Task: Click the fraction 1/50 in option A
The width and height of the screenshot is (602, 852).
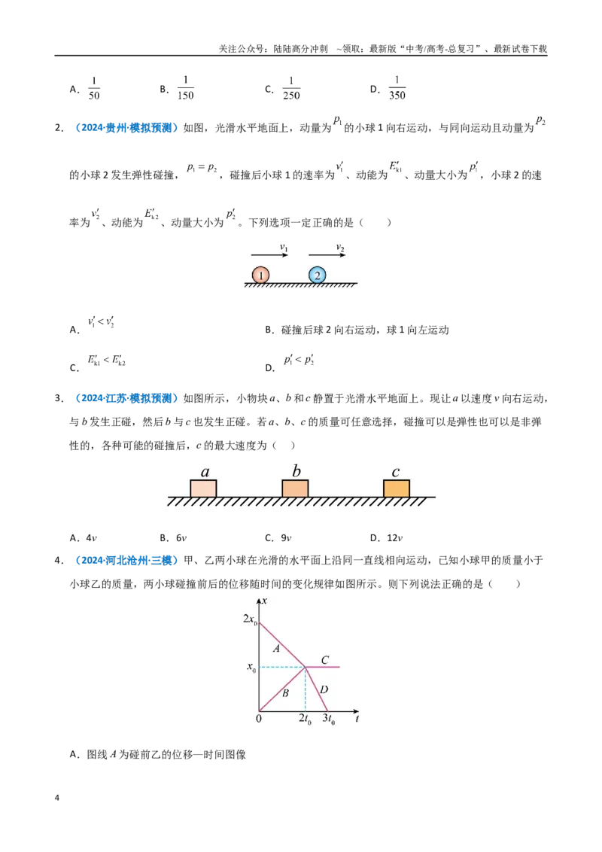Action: [x=94, y=88]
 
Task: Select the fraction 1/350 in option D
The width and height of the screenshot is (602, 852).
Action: [x=397, y=87]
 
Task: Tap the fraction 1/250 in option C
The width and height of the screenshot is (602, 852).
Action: [x=291, y=88]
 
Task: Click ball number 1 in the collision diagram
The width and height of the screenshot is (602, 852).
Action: [x=261, y=275]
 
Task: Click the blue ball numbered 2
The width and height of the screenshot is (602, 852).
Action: [x=318, y=275]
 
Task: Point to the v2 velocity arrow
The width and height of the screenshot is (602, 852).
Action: [x=327, y=254]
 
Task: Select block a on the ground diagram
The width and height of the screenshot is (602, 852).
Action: [x=203, y=488]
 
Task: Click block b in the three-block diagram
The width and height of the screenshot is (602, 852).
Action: [x=295, y=488]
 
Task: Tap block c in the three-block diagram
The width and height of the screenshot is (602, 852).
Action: [x=397, y=488]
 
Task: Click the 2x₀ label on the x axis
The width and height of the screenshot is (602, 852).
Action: [x=250, y=619]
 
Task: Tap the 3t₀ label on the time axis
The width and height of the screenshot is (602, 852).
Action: [x=329, y=719]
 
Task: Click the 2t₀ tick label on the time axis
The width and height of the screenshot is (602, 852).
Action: [x=306, y=719]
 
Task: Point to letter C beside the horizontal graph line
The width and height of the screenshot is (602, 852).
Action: [x=325, y=659]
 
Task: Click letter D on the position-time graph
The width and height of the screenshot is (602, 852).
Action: [x=324, y=689]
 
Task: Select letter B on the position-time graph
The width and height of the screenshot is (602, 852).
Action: [x=285, y=692]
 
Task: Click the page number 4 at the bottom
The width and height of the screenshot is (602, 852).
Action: [x=57, y=798]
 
